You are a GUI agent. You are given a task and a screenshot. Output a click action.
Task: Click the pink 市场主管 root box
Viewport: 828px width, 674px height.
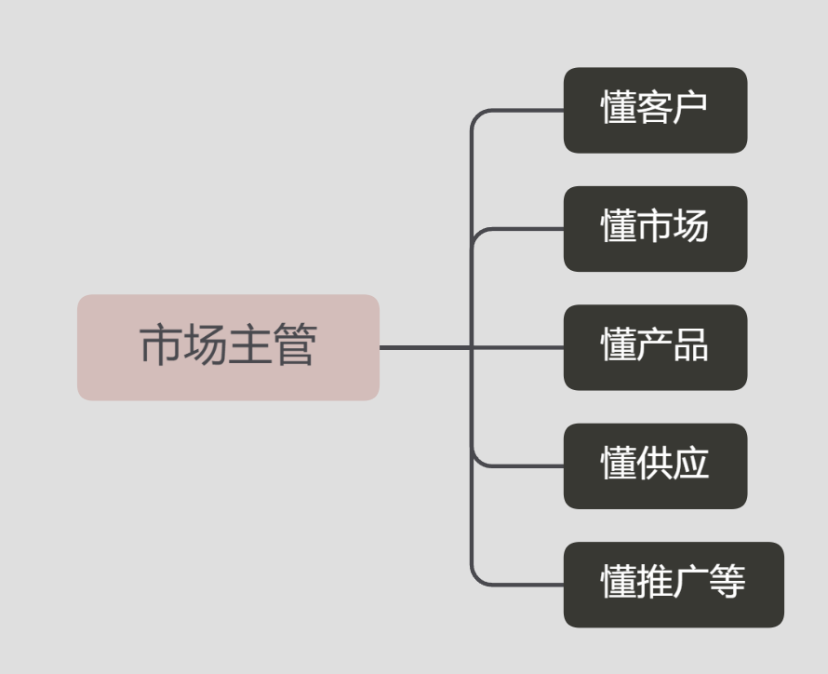228,347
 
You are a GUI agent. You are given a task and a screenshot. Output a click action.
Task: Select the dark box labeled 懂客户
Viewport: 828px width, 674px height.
655,110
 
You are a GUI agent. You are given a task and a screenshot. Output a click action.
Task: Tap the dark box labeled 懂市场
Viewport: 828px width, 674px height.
655,229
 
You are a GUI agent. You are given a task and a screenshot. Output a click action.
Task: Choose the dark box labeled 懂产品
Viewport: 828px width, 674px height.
655,347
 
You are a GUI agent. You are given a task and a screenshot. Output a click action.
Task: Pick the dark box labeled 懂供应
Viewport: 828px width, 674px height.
655,465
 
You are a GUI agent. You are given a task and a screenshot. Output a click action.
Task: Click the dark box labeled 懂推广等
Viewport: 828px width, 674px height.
674,585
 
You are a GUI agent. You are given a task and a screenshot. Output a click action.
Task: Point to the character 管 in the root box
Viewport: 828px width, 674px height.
295,344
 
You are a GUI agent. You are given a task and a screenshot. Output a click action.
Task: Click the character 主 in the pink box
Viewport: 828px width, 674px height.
250,344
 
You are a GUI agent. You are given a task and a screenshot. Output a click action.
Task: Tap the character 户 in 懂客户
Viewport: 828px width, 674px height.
689,107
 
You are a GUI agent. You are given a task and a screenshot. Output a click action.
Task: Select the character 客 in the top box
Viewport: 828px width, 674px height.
654,107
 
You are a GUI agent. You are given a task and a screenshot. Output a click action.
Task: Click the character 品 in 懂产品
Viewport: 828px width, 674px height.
690,344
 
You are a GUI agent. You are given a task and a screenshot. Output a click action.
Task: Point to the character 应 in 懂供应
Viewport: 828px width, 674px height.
690,464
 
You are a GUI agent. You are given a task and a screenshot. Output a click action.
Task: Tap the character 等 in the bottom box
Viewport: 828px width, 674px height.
727,582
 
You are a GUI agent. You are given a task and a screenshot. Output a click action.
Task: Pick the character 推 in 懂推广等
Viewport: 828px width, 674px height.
654,582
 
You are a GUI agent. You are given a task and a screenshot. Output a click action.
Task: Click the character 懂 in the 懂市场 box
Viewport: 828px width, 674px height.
619,225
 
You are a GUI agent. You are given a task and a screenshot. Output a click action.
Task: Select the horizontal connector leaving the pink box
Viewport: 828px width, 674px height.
472,347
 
